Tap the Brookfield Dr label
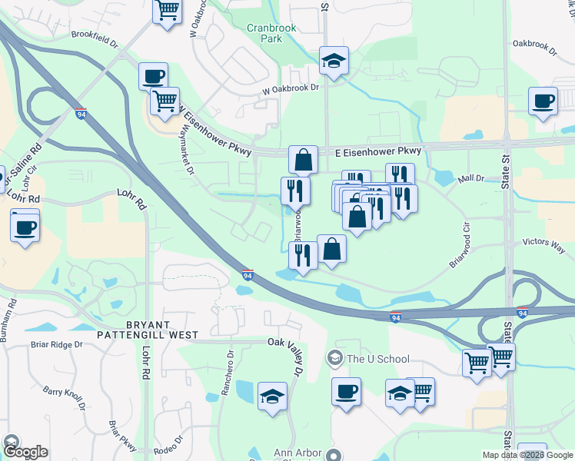pos(96,35)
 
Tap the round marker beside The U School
pos(334,358)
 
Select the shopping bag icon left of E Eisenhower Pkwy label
pos(304,160)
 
